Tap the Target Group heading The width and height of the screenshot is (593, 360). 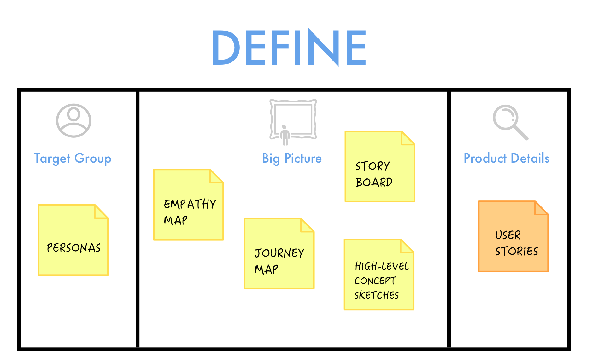tap(73, 158)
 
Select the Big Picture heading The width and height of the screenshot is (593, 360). tap(292, 158)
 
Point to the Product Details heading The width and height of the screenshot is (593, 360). tap(506, 158)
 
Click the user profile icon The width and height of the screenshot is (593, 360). tap(73, 120)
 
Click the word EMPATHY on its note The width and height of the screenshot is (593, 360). tap(190, 204)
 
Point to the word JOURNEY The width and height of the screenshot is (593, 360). tap(279, 253)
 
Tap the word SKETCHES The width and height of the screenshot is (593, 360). tap(377, 295)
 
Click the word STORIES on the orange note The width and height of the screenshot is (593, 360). tap(516, 251)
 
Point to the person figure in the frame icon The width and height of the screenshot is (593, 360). tap(285, 135)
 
